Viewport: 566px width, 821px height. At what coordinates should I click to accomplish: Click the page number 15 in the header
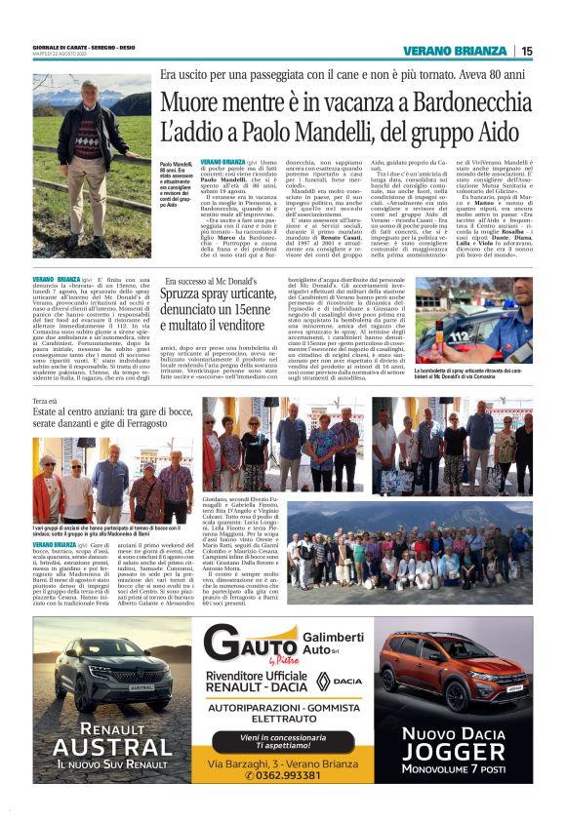pos(526,51)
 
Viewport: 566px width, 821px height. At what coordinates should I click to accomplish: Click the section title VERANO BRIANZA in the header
pos(456,51)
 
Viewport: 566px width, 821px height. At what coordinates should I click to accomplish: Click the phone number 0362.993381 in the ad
pos(292,774)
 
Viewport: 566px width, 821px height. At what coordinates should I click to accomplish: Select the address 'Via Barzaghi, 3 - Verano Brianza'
pos(292,760)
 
